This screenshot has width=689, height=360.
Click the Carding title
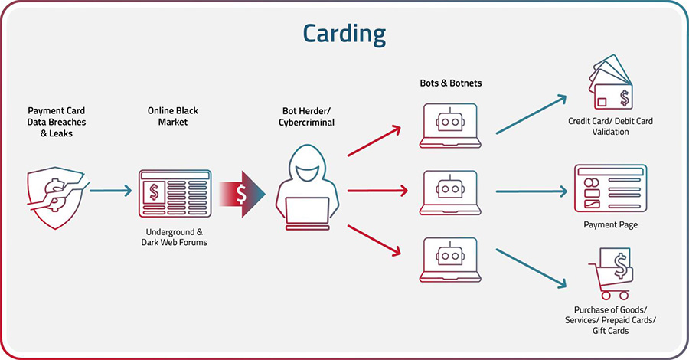pos(344,33)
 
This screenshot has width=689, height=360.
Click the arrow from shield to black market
pos(112,189)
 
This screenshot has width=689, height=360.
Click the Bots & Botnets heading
pos(451,83)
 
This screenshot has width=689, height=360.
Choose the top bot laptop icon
pos(451,126)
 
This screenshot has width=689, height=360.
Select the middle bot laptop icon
pos(451,191)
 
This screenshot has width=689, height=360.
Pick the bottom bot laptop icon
pos(451,260)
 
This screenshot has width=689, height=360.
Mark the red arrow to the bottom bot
pos(374,240)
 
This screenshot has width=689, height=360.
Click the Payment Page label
pos(610,225)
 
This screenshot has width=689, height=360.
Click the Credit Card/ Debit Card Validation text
pos(610,126)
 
